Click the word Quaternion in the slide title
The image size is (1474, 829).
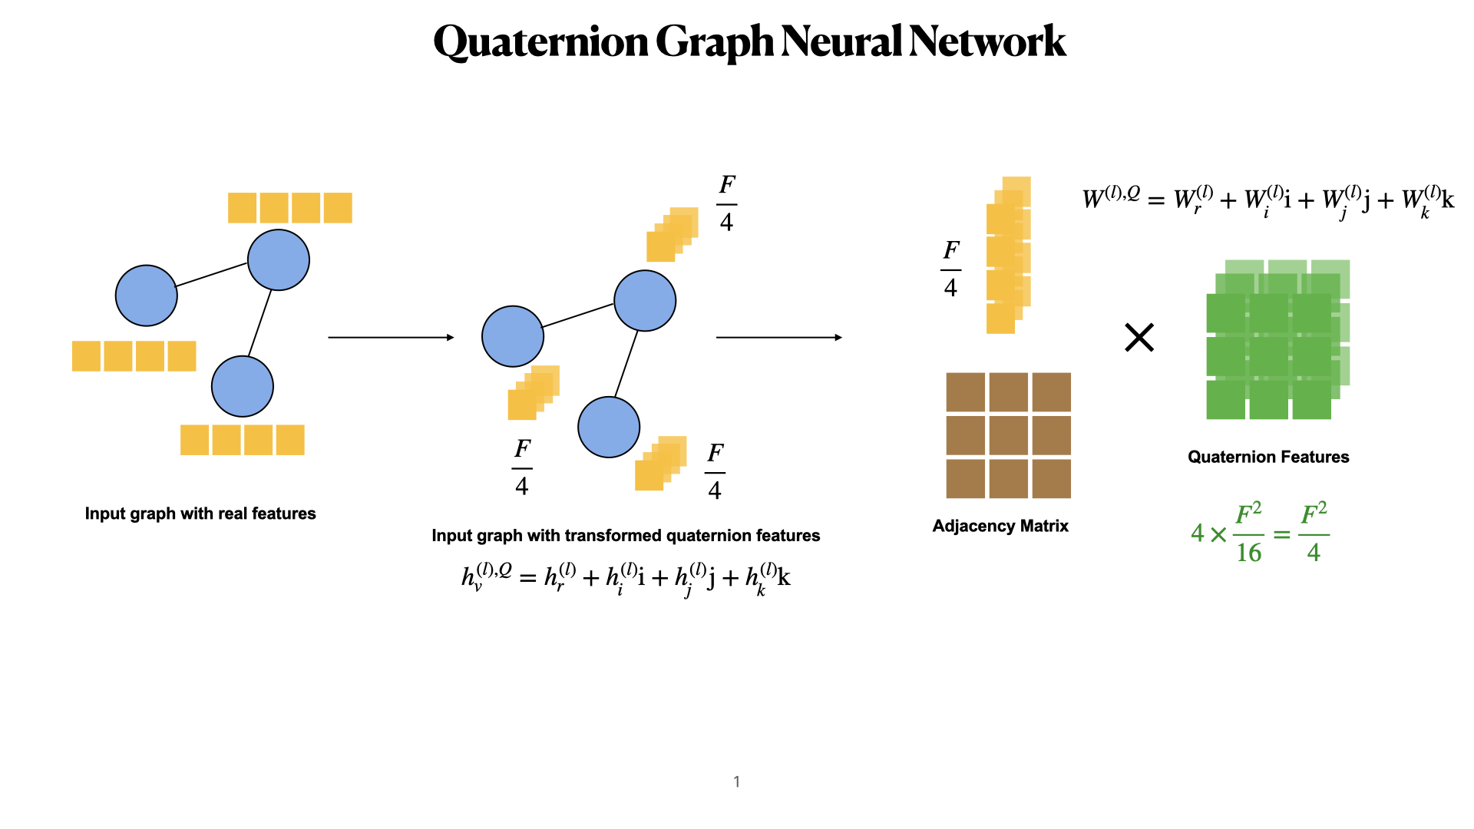tap(542, 41)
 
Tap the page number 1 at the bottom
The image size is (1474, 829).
tap(737, 781)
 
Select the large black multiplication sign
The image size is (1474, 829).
tap(1139, 338)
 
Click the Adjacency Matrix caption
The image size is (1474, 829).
tap(1000, 526)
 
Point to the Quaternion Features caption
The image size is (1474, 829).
tap(1268, 457)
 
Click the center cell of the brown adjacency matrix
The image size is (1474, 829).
tap(1008, 435)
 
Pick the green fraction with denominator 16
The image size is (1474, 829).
tap(1248, 533)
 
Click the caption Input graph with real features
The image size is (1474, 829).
tap(200, 514)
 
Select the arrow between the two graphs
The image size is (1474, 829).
tap(391, 337)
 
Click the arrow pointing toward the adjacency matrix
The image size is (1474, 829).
tap(778, 337)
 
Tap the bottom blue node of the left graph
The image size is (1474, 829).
tap(243, 386)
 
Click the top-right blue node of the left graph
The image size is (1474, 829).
tap(279, 260)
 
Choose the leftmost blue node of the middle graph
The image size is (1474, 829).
tap(513, 336)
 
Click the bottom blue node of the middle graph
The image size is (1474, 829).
tap(609, 428)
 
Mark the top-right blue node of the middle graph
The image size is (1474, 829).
tap(645, 301)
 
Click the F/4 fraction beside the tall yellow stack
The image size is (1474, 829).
tap(950, 269)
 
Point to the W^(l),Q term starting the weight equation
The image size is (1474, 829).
tap(1110, 197)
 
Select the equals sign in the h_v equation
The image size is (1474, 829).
tap(527, 578)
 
